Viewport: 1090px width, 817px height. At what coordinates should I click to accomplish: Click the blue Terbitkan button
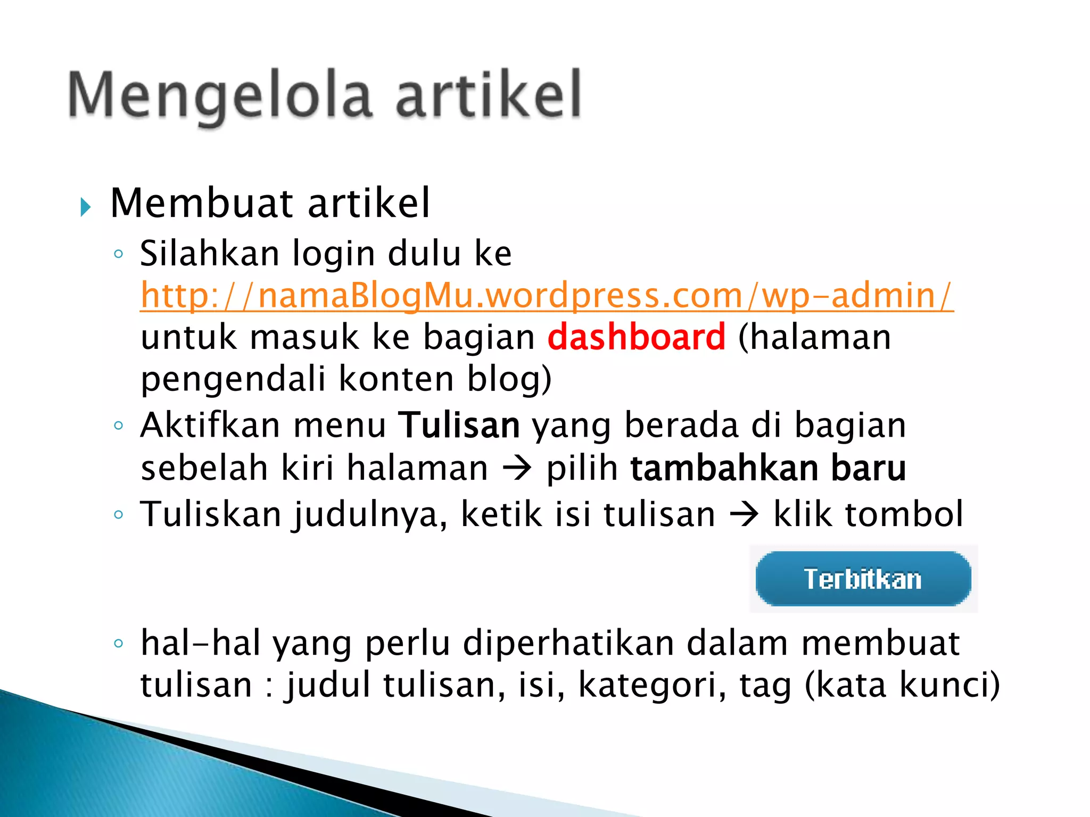(x=863, y=579)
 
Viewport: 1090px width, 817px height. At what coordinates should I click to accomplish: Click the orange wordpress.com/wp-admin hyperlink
(x=547, y=296)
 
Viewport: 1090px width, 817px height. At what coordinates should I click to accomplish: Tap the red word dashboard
(x=637, y=337)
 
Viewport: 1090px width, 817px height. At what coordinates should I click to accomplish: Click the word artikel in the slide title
(x=488, y=96)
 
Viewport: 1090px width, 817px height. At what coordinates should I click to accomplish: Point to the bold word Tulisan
(x=459, y=426)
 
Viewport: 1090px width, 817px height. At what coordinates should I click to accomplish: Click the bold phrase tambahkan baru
(x=768, y=468)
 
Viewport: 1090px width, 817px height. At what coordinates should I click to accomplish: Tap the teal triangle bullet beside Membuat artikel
(x=86, y=206)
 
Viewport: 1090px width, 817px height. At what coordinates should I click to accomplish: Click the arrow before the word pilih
(x=517, y=469)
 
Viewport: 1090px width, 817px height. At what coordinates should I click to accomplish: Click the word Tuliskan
(x=211, y=514)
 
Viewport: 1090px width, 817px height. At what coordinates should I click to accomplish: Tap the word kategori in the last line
(x=652, y=685)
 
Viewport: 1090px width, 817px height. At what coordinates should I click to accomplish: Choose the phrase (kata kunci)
(x=902, y=685)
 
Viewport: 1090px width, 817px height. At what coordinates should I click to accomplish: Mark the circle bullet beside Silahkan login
(x=119, y=254)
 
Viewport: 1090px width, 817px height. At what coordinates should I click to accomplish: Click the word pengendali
(x=233, y=379)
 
